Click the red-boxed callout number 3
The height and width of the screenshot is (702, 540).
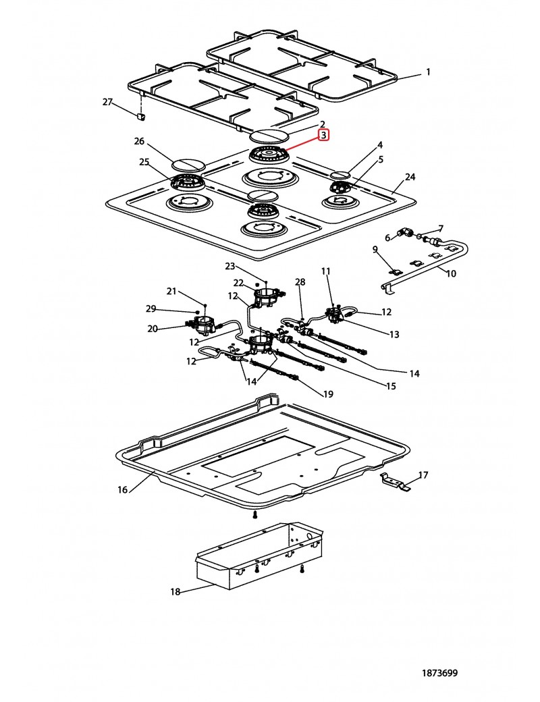pos(323,135)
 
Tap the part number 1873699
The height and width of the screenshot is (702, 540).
pos(439,673)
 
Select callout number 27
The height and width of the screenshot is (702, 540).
pos(107,102)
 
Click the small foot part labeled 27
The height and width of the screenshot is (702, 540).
pos(141,116)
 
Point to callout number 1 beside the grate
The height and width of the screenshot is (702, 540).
pos(427,72)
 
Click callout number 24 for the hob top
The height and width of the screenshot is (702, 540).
pos(410,177)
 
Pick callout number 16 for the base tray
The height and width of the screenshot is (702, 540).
pos(123,490)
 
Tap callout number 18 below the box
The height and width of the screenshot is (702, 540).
pos(175,592)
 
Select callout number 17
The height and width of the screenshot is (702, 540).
pos(423,475)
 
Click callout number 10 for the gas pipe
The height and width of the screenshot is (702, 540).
pos(451,273)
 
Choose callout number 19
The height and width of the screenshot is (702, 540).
pos(328,394)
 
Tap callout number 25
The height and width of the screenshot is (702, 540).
pos(144,162)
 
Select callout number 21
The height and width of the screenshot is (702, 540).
pos(171,292)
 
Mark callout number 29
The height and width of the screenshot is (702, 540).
pos(151,308)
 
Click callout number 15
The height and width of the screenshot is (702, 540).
pos(391,386)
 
